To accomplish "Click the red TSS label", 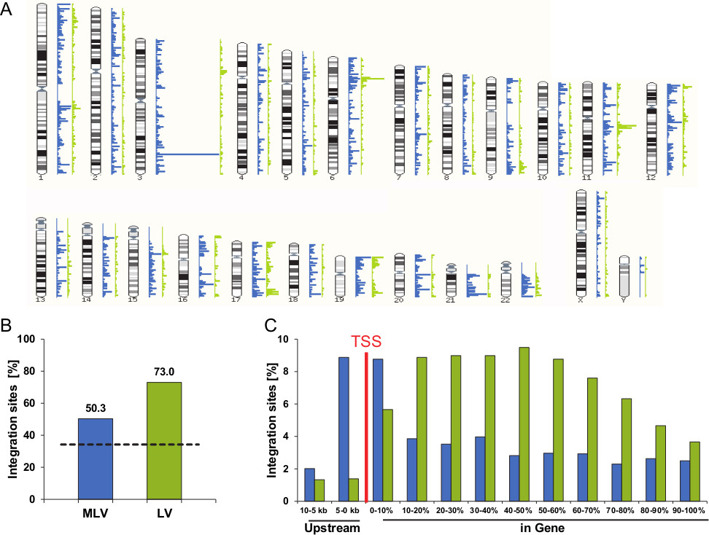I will click(365, 340).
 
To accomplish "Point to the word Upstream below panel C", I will click(333, 527).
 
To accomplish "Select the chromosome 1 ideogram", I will click(42, 89).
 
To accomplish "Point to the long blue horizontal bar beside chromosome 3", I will click(187, 155).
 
